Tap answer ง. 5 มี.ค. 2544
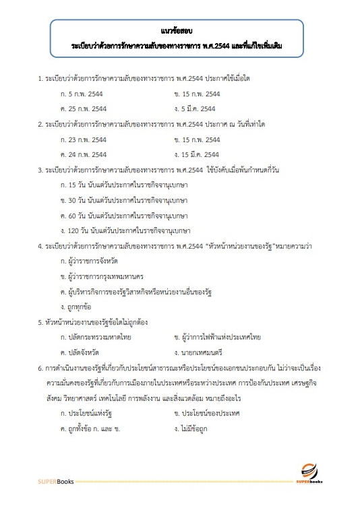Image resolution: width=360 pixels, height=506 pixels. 195,108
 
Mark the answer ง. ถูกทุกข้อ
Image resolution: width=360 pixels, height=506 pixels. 80,307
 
